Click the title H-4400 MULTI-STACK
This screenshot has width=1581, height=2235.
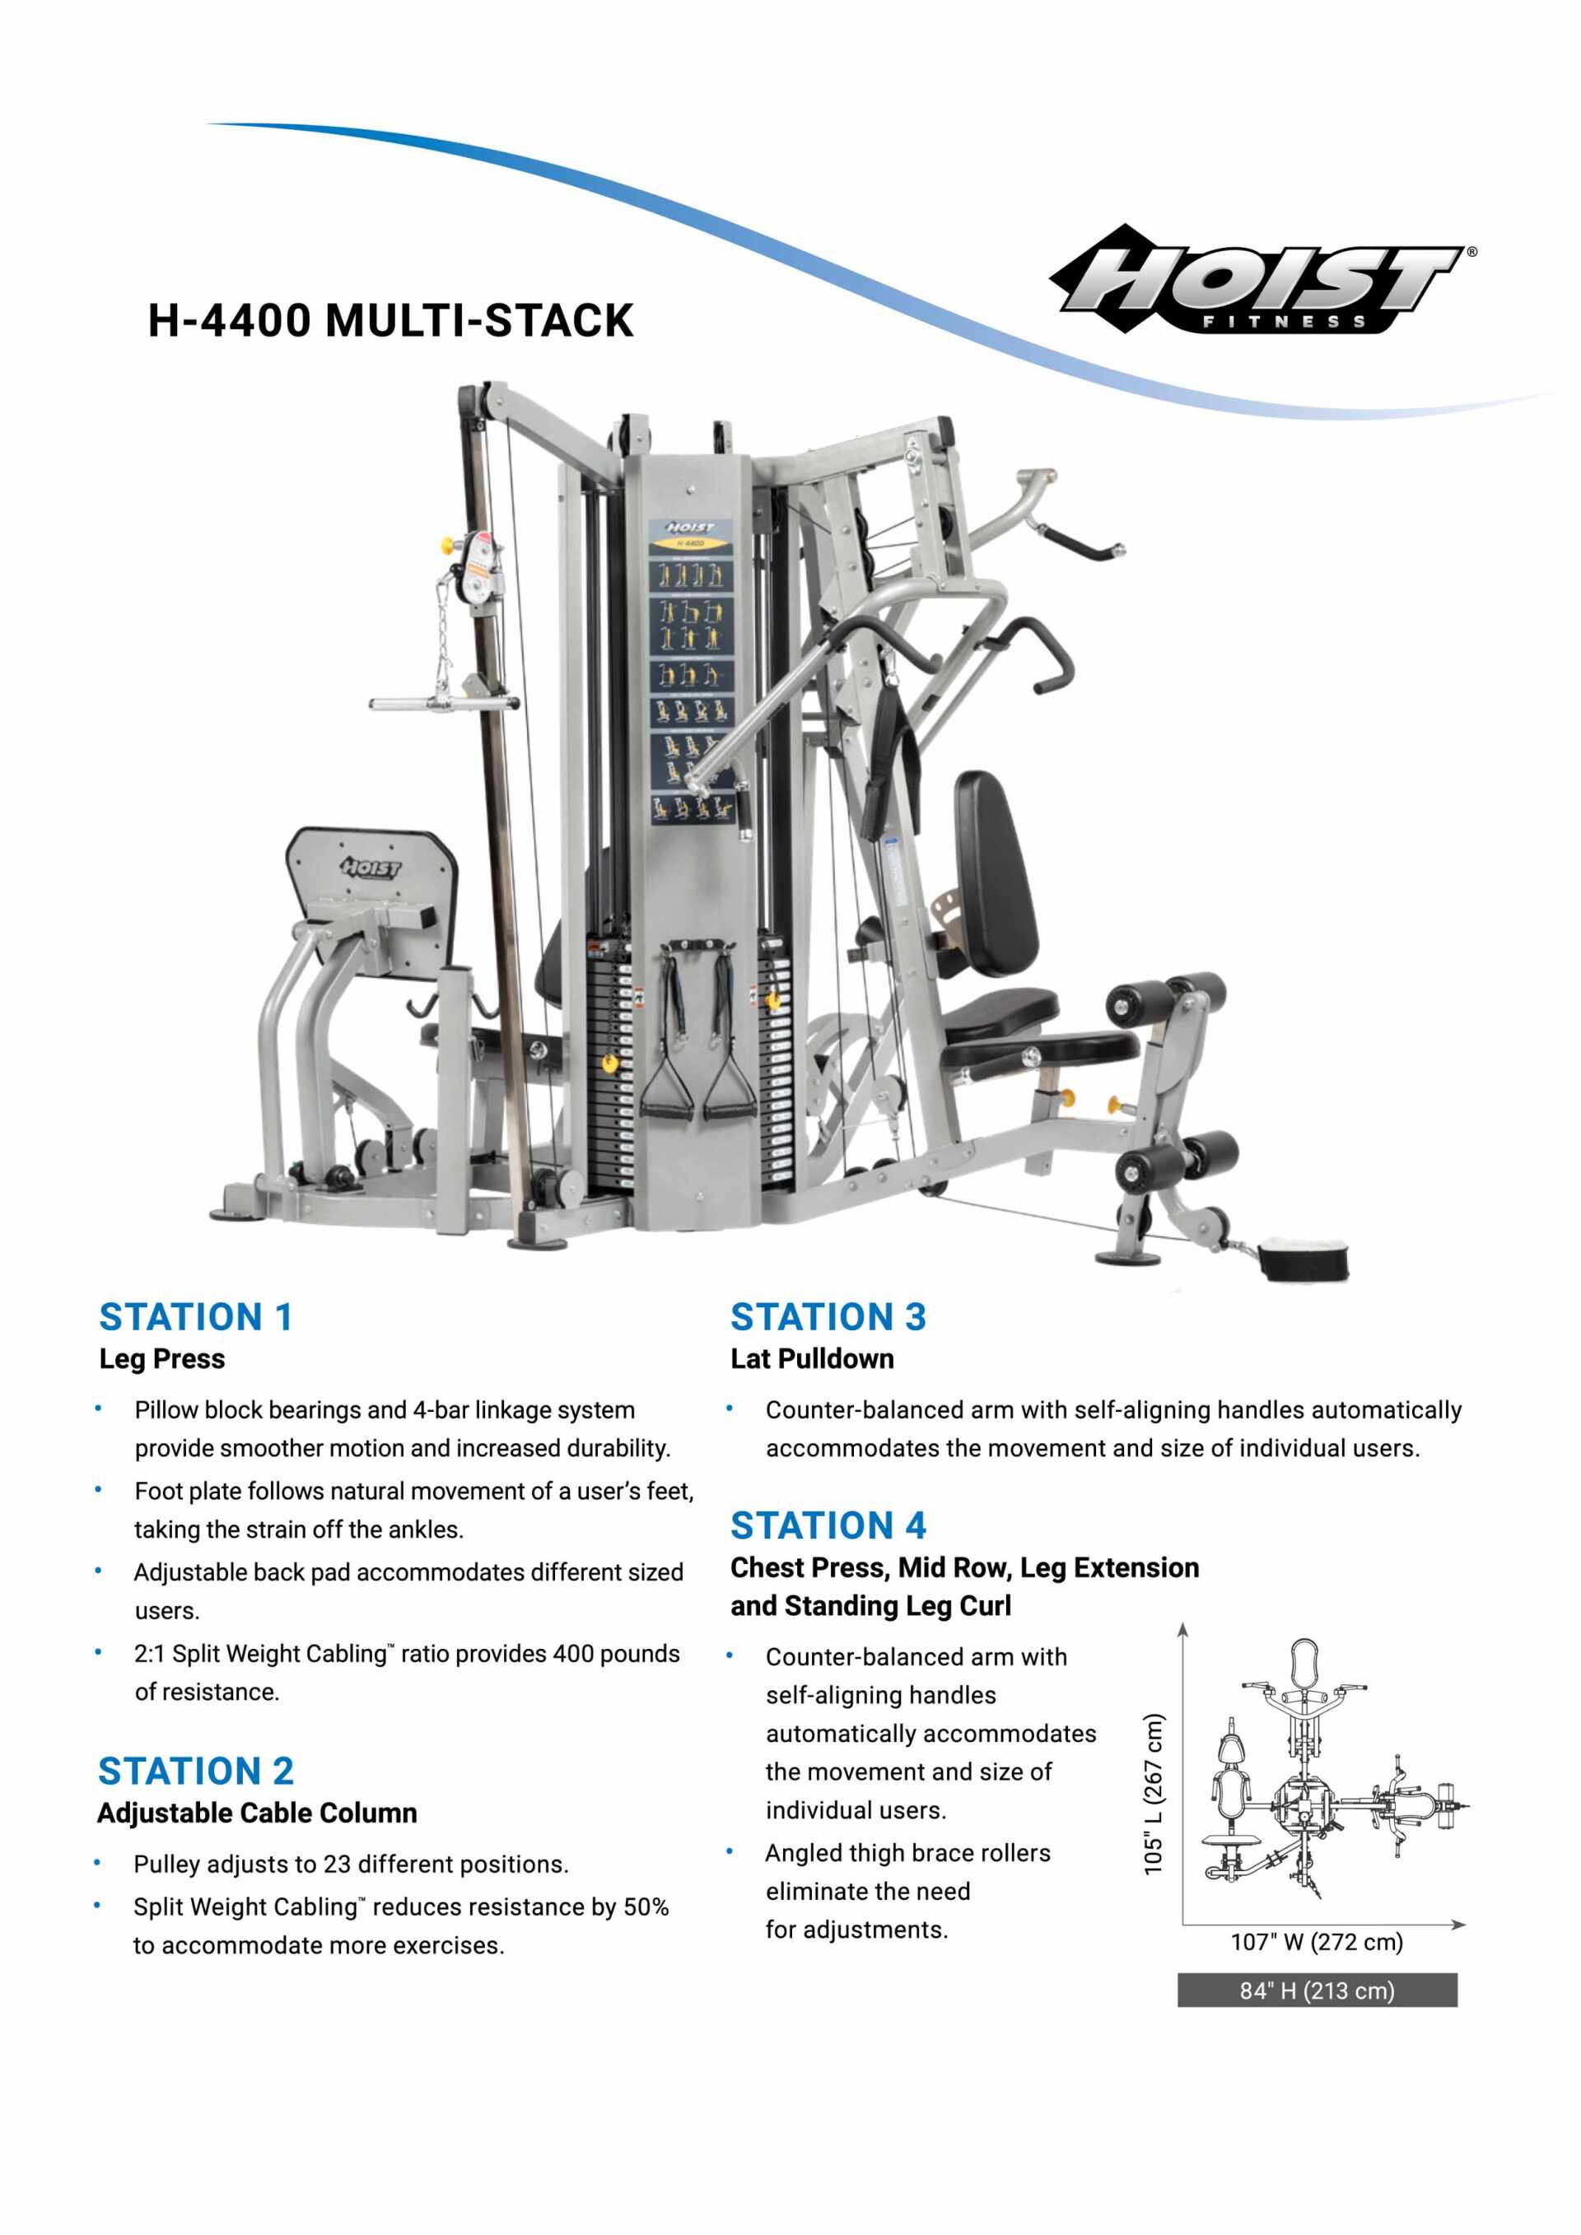pos(390,320)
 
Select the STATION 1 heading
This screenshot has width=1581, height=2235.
pos(196,1317)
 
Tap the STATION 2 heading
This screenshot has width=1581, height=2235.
pos(196,1771)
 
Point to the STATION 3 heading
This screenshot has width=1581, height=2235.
pos(828,1317)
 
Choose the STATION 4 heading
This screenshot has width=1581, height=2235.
pos(828,1525)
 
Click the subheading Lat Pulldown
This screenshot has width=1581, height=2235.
pos(812,1359)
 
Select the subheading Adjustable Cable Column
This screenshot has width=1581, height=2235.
pos(257,1813)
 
